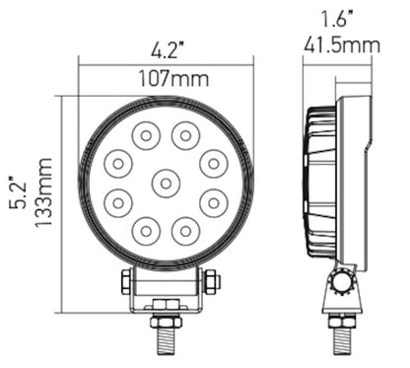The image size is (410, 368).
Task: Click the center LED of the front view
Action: click(x=165, y=182)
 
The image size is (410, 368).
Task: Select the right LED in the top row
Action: click(x=184, y=133)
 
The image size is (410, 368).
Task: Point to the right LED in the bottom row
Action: click(x=184, y=230)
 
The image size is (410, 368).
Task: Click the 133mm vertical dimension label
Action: click(x=42, y=191)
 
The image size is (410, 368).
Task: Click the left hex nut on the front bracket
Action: click(x=125, y=282)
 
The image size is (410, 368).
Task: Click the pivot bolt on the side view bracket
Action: click(x=342, y=283)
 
